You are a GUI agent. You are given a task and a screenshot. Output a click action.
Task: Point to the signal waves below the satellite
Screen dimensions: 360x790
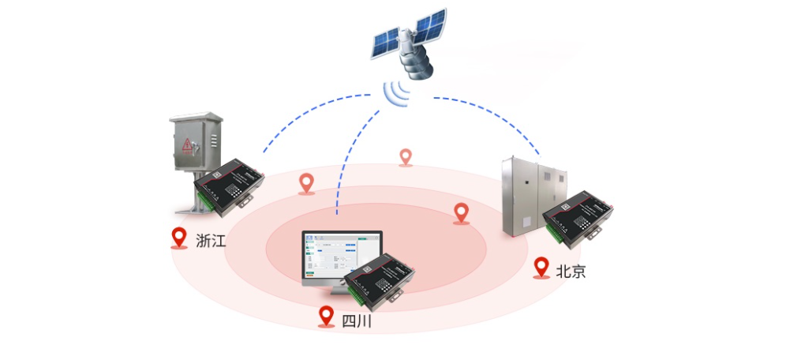click(x=400, y=93)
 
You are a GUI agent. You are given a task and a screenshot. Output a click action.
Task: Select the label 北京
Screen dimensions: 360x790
click(x=571, y=272)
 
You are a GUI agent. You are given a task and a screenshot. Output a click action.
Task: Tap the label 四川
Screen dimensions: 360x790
click(x=356, y=321)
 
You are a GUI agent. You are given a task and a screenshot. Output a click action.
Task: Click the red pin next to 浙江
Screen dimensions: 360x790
click(x=180, y=238)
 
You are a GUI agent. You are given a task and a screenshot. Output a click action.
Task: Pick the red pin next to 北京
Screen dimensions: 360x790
click(x=541, y=268)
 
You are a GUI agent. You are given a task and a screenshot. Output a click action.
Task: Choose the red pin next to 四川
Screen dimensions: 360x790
click(x=326, y=317)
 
